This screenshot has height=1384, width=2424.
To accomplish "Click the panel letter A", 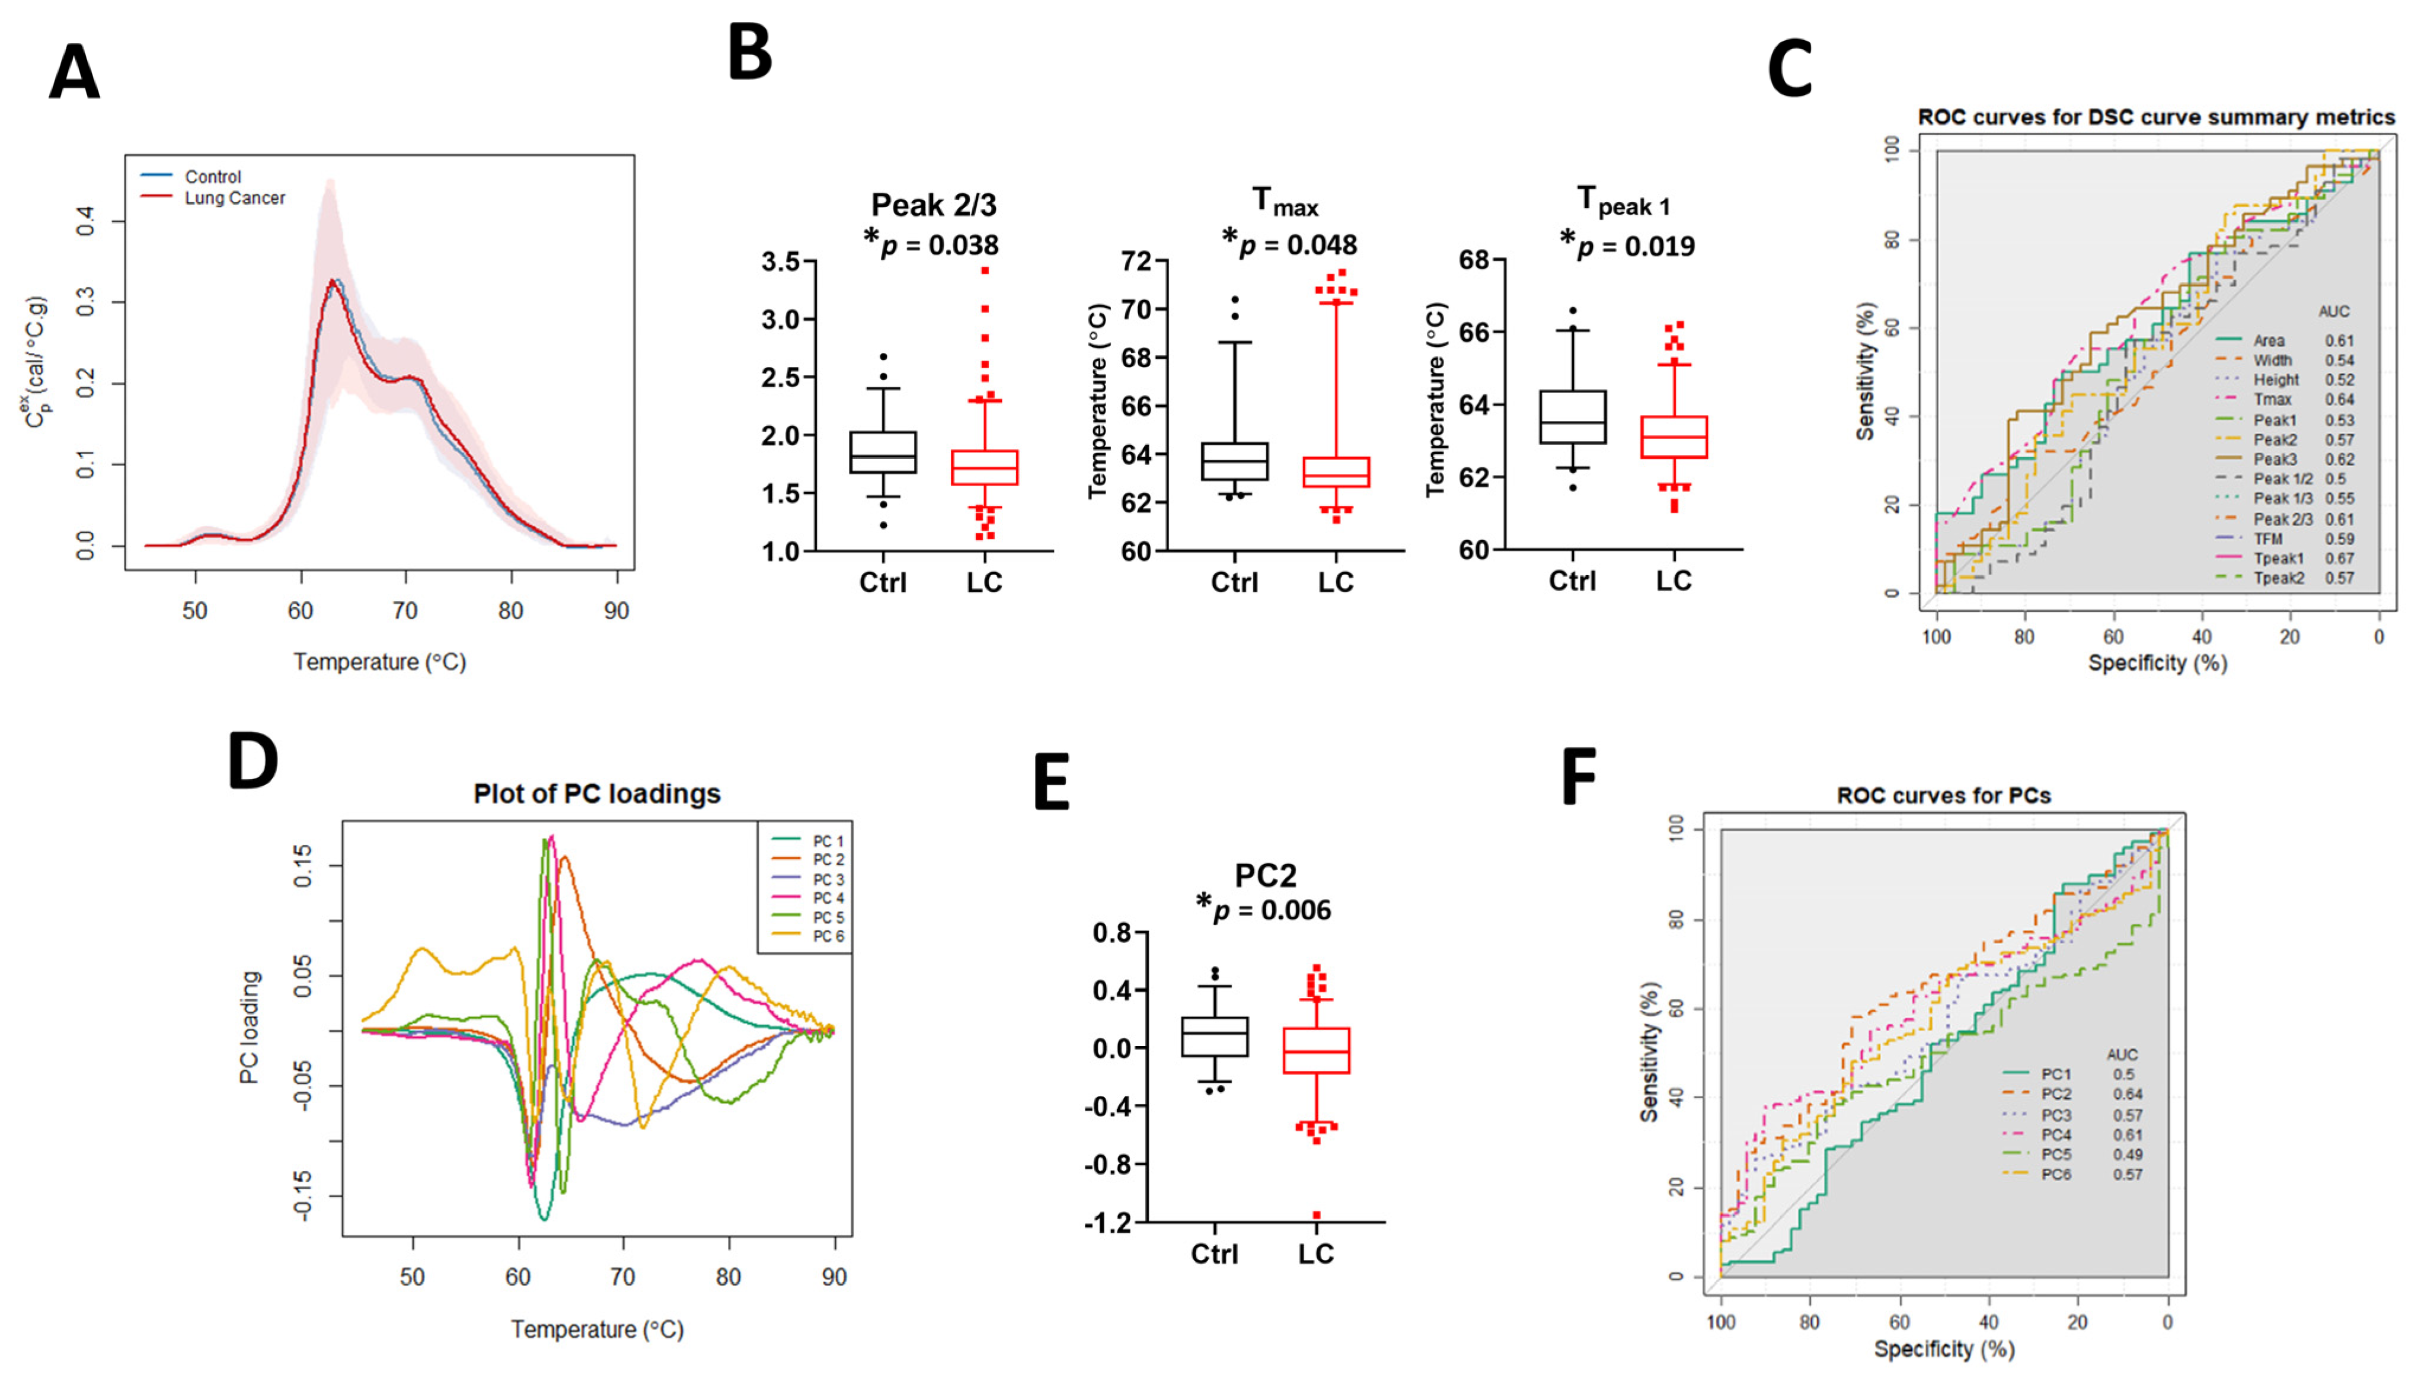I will click(x=74, y=74).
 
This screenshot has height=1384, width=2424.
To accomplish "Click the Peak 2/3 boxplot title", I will click(x=933, y=205).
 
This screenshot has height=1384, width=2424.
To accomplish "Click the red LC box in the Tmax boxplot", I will click(x=1335, y=471).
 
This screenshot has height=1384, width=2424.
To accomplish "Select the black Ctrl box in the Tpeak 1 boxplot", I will click(x=1573, y=416).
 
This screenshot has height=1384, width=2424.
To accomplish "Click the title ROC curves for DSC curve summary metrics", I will click(x=2155, y=117).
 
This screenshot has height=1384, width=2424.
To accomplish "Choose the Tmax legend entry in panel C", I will click(x=2272, y=399).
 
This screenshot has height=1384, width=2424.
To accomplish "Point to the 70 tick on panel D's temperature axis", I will click(x=622, y=1277).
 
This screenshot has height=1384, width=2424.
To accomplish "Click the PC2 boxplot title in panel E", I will click(x=1264, y=875).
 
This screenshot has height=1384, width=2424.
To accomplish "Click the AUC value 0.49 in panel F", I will click(x=2128, y=1154).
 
